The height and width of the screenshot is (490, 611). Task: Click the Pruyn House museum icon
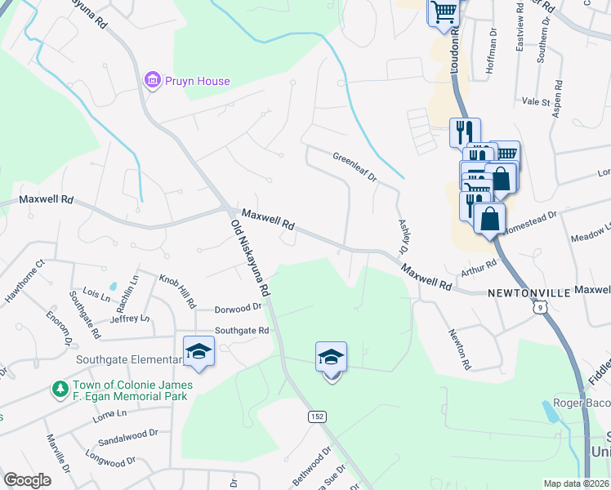(151, 80)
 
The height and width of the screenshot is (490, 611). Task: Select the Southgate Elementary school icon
(198, 352)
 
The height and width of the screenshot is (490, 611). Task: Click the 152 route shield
(318, 416)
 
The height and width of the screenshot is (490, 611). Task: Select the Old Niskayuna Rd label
(250, 257)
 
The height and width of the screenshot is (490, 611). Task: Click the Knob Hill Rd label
(177, 290)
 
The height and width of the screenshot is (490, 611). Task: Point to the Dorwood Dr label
(237, 309)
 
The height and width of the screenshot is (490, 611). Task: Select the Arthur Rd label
(479, 266)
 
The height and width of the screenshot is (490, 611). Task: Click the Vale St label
(537, 102)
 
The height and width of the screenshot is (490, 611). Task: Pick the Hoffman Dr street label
(491, 60)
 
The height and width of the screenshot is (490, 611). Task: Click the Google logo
(28, 479)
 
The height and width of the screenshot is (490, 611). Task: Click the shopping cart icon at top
(444, 12)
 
